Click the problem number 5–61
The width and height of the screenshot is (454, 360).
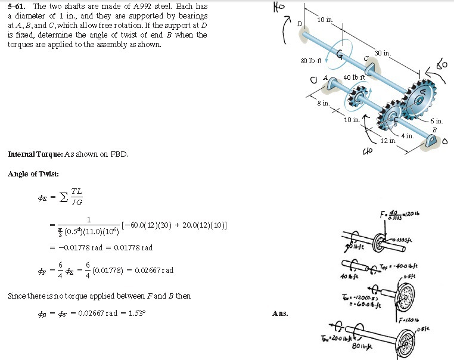[x=16, y=5]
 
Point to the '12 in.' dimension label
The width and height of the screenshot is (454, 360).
[x=388, y=141]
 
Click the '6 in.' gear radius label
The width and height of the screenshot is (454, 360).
[x=437, y=121]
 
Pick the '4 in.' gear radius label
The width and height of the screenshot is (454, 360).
[x=407, y=136]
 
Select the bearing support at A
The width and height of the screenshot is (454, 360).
[x=332, y=85]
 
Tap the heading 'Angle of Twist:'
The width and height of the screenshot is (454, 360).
[x=33, y=174]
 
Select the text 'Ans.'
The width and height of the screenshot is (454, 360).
[x=280, y=313]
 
